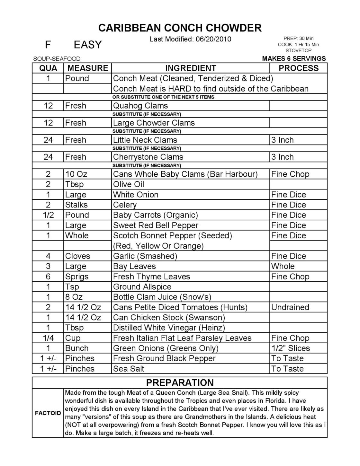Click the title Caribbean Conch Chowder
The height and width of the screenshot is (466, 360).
(x=180, y=28)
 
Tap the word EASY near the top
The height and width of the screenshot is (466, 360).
(x=87, y=45)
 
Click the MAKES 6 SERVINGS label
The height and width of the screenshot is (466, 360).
(x=294, y=58)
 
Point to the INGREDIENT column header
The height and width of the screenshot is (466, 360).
(x=190, y=68)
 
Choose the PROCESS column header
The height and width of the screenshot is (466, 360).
(x=298, y=68)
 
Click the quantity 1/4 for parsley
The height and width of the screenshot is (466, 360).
(x=48, y=338)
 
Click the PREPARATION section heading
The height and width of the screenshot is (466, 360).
(x=180, y=383)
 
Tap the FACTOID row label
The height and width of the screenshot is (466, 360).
(x=48, y=413)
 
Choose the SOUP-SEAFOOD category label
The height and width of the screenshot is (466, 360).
(x=57, y=59)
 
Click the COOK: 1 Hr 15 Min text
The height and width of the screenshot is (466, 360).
(x=298, y=45)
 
